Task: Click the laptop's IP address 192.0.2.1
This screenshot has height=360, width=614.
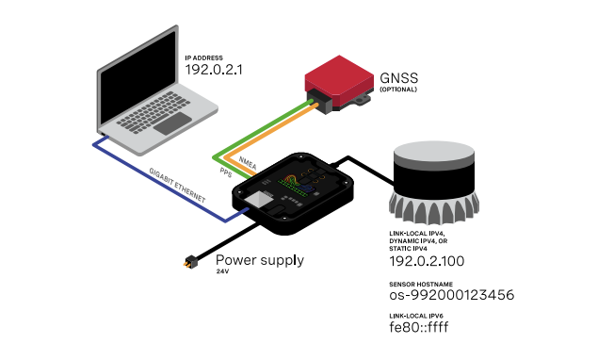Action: [x=214, y=70]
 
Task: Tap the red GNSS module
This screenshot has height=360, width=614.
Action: [x=339, y=76]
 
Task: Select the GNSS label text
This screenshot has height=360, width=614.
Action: [x=399, y=78]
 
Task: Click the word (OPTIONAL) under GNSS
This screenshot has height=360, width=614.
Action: [x=398, y=90]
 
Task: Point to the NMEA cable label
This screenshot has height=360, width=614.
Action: [x=248, y=163]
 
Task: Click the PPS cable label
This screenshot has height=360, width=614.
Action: [x=226, y=172]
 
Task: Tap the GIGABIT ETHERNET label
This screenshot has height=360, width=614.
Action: [x=177, y=185]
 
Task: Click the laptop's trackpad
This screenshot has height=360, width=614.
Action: [x=172, y=123]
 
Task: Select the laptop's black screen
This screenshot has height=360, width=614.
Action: [x=137, y=77]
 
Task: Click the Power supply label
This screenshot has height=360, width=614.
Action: [x=260, y=260]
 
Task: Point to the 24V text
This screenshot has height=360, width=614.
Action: [x=222, y=271]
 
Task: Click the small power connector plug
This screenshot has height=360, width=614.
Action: [x=191, y=262]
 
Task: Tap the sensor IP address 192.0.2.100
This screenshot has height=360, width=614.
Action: [x=427, y=261]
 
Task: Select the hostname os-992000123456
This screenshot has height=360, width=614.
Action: [x=451, y=295]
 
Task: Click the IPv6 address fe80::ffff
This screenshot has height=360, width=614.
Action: [x=419, y=327]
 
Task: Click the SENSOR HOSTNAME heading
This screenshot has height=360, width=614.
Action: [x=421, y=284]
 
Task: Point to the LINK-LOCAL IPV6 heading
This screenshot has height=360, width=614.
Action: [x=416, y=316]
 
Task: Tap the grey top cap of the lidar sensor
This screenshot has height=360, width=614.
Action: [x=434, y=152]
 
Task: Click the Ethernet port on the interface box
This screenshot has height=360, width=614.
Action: [x=259, y=200]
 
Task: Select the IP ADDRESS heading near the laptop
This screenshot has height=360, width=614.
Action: [x=203, y=58]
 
